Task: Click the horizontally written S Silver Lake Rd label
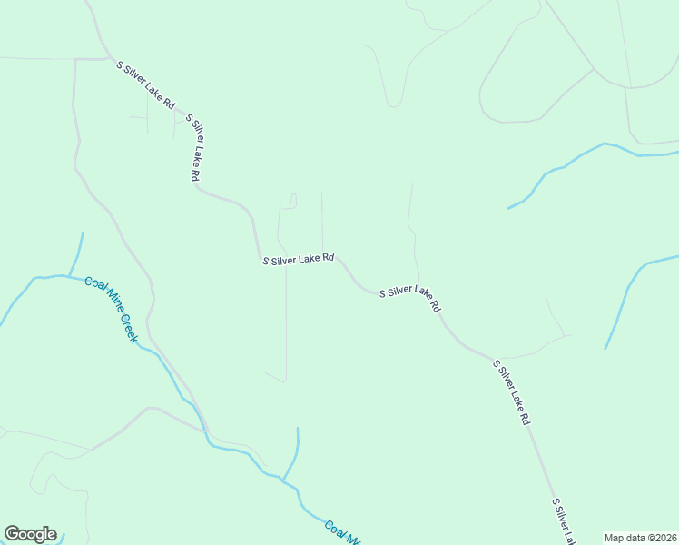tap(299, 260)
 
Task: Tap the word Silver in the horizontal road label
tap(289, 260)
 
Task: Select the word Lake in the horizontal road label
tap(313, 259)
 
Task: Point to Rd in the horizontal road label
tap(330, 258)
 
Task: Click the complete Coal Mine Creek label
tap(111, 309)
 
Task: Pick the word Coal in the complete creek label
tap(94, 286)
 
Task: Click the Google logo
tap(30, 534)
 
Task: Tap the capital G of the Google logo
tap(12, 534)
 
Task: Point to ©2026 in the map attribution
tap(662, 538)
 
